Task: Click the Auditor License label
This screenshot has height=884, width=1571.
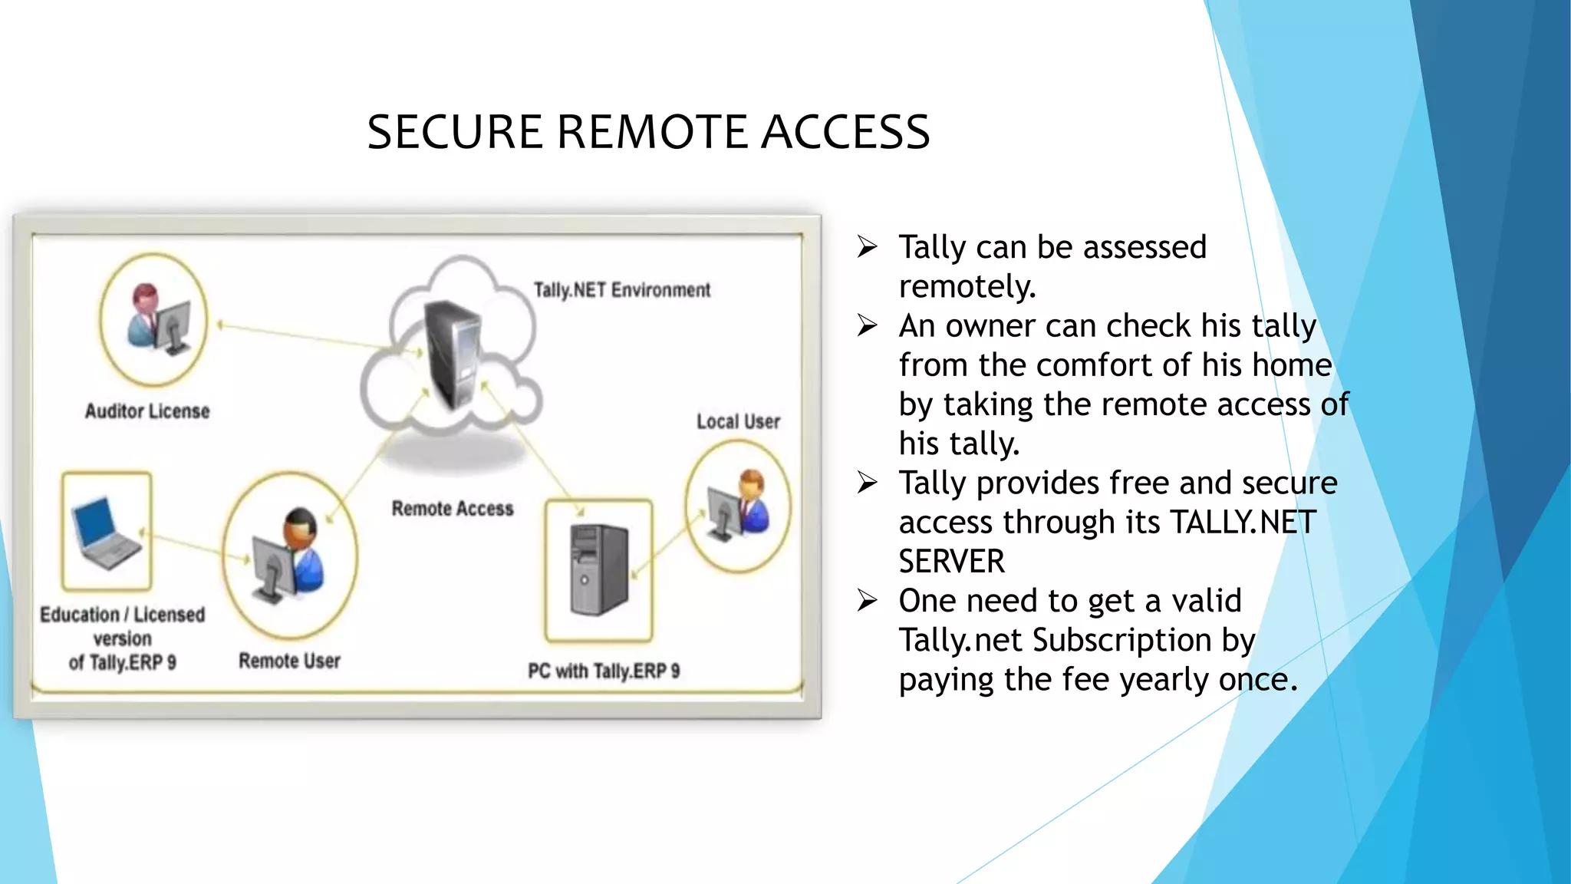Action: pyautogui.click(x=147, y=411)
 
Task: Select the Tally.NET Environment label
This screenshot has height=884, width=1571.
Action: pyautogui.click(x=621, y=290)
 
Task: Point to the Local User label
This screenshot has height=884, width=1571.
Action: pyautogui.click(x=738, y=421)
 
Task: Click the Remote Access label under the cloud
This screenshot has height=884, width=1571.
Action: pyautogui.click(x=453, y=509)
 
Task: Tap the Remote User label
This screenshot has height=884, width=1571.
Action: pyautogui.click(x=289, y=661)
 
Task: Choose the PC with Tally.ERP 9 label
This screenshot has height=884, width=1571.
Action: pyautogui.click(x=604, y=671)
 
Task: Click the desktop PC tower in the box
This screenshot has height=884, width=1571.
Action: pyautogui.click(x=599, y=570)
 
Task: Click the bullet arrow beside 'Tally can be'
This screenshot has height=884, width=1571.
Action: pyautogui.click(x=867, y=247)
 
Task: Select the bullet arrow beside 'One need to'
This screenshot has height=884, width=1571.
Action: pyautogui.click(x=867, y=601)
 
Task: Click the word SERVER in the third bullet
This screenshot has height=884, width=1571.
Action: pyautogui.click(x=951, y=562)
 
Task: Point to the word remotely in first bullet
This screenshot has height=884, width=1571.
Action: pyautogui.click(x=967, y=287)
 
